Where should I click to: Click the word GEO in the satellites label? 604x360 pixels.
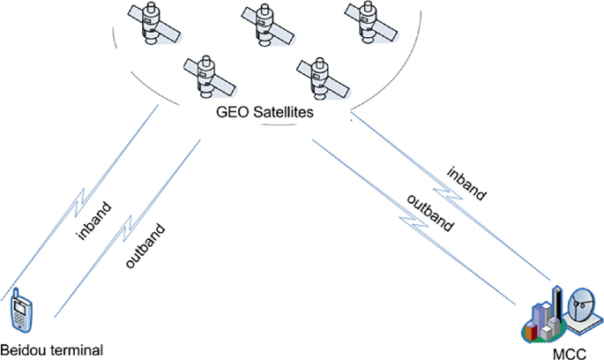tap(232, 115)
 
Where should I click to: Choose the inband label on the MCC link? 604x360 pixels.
tap(466, 184)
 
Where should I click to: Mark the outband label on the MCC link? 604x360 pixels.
tap(429, 212)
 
